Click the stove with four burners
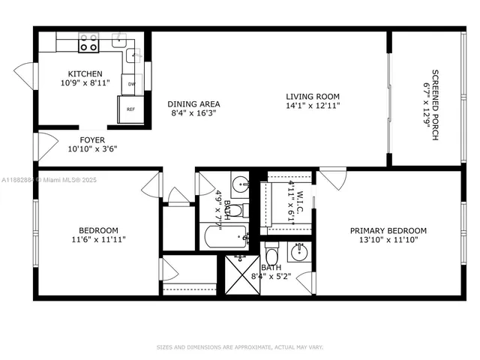[88, 43]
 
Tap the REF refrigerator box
[130, 109]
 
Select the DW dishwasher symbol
[131, 84]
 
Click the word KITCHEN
[85, 73]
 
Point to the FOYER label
[92, 139]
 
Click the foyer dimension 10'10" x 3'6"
[92, 148]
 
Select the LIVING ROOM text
[313, 97]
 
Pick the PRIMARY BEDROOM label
[388, 231]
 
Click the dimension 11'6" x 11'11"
[99, 240]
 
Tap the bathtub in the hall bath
[225, 239]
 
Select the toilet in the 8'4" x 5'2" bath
[272, 248]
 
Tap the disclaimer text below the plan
[239, 347]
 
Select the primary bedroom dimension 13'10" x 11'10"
[388, 240]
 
